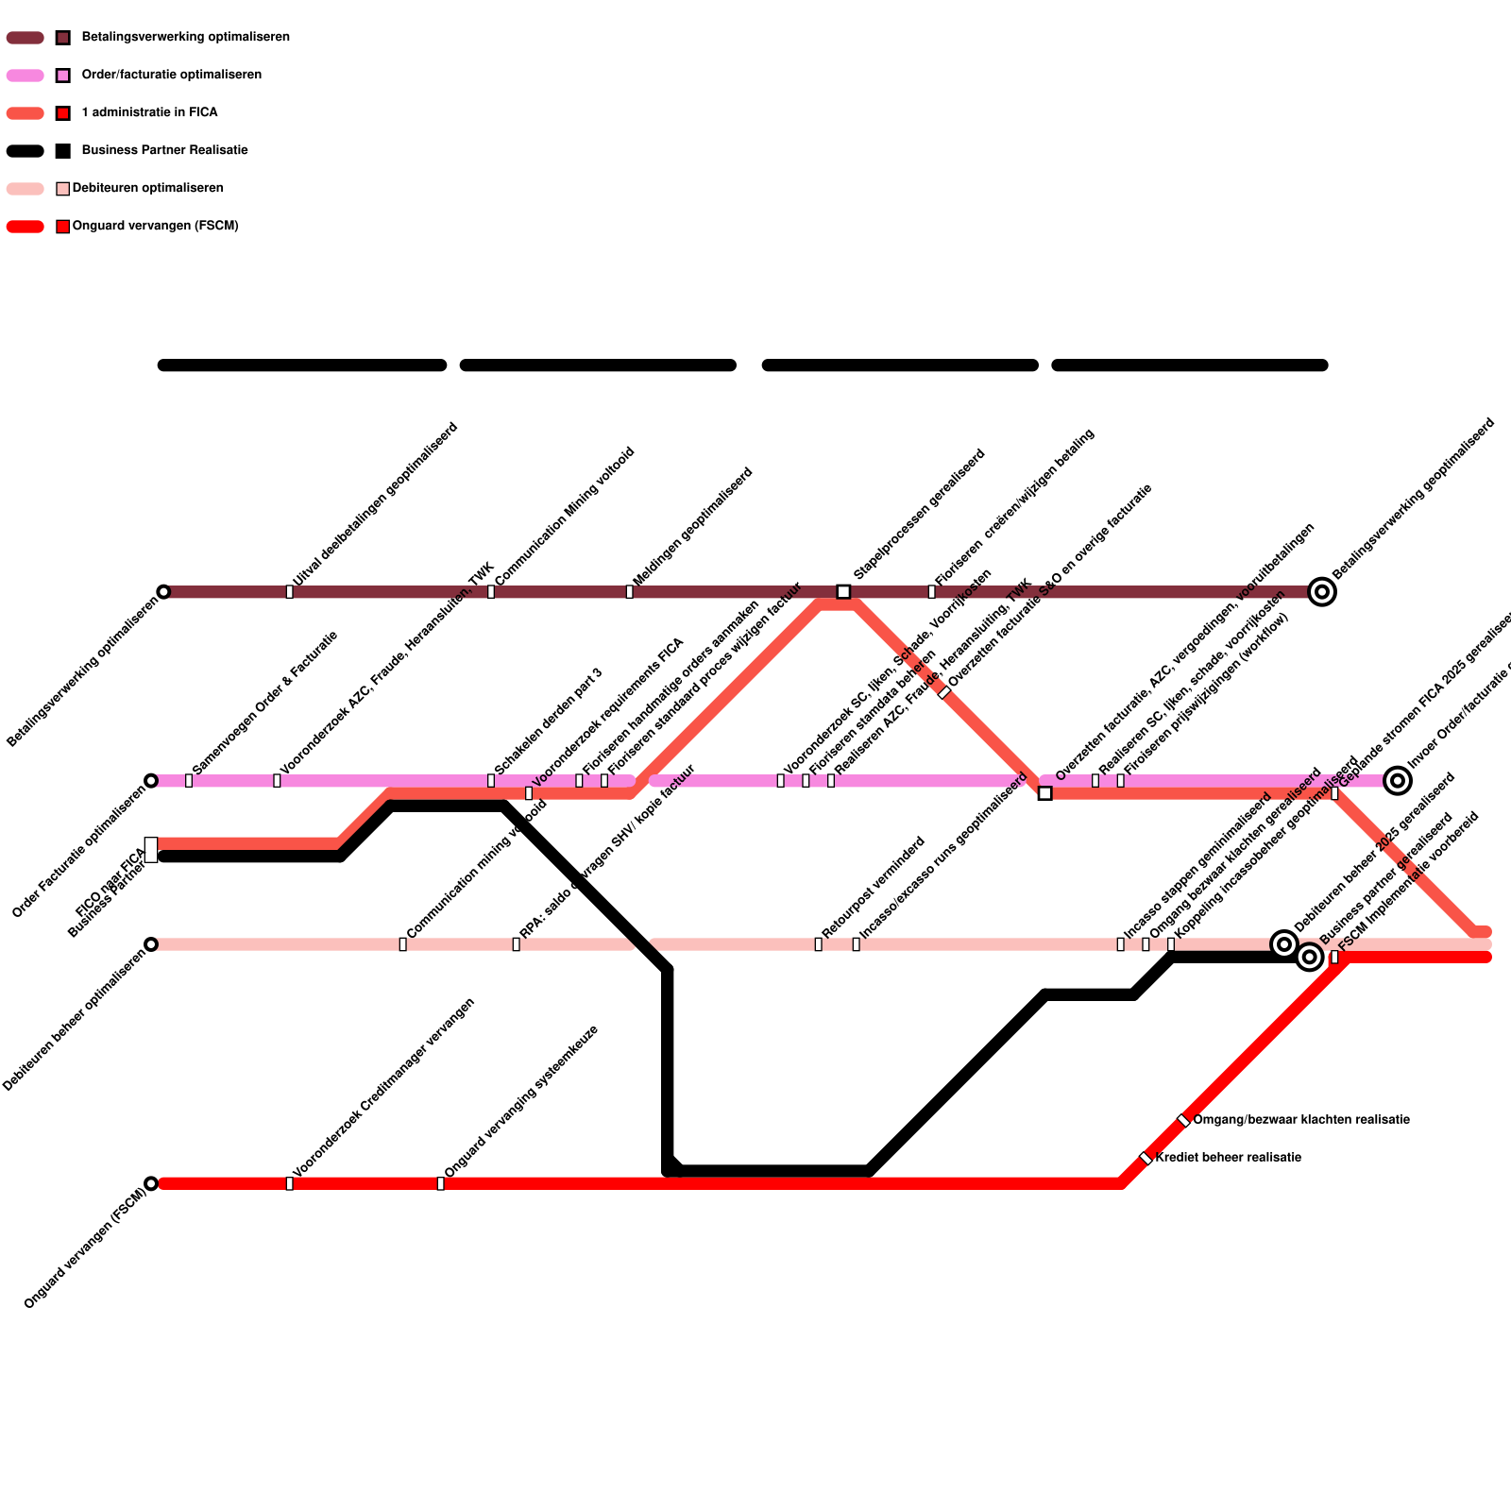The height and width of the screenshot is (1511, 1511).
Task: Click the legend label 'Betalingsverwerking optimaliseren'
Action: pyautogui.click(x=185, y=38)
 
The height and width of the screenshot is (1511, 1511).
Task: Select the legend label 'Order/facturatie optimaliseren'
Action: pyautogui.click(x=171, y=76)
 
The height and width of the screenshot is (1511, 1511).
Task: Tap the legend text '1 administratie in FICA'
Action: pyautogui.click(x=149, y=113)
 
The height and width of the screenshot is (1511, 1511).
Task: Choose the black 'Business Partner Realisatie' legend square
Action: pyautogui.click(x=63, y=151)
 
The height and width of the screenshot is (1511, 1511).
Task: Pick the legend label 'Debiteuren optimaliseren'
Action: pyautogui.click(x=147, y=189)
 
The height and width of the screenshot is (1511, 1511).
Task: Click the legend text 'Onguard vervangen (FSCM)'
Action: pyautogui.click(x=155, y=227)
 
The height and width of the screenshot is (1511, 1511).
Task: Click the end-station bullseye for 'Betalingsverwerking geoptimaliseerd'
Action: pyautogui.click(x=1322, y=592)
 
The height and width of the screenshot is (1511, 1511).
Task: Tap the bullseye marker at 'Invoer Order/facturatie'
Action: pyautogui.click(x=1398, y=781)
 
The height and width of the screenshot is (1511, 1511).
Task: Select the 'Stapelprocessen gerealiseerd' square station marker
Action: pyautogui.click(x=843, y=592)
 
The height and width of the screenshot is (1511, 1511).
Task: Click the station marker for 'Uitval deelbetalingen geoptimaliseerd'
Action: pyautogui.click(x=289, y=592)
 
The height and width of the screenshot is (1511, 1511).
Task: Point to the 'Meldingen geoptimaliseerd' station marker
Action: pyautogui.click(x=629, y=592)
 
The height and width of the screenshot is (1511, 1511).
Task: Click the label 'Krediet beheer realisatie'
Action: pyautogui.click(x=1228, y=1158)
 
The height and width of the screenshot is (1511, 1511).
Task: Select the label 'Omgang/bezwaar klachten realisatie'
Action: pyautogui.click(x=1300, y=1120)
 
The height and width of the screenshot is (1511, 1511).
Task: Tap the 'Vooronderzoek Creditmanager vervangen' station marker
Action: pyautogui.click(x=289, y=1183)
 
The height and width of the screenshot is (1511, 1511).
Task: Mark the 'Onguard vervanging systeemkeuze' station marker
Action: pyautogui.click(x=440, y=1183)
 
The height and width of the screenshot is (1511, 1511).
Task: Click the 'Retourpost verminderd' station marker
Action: pyautogui.click(x=818, y=944)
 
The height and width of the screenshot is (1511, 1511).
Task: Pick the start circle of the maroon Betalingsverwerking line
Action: pyautogui.click(x=163, y=592)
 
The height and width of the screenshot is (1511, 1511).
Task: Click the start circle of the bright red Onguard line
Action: pyautogui.click(x=151, y=1183)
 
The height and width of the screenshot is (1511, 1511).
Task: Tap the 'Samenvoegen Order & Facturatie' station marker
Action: pyautogui.click(x=189, y=781)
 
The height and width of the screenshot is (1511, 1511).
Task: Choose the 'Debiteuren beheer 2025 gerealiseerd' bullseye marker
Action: pyautogui.click(x=1283, y=943)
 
